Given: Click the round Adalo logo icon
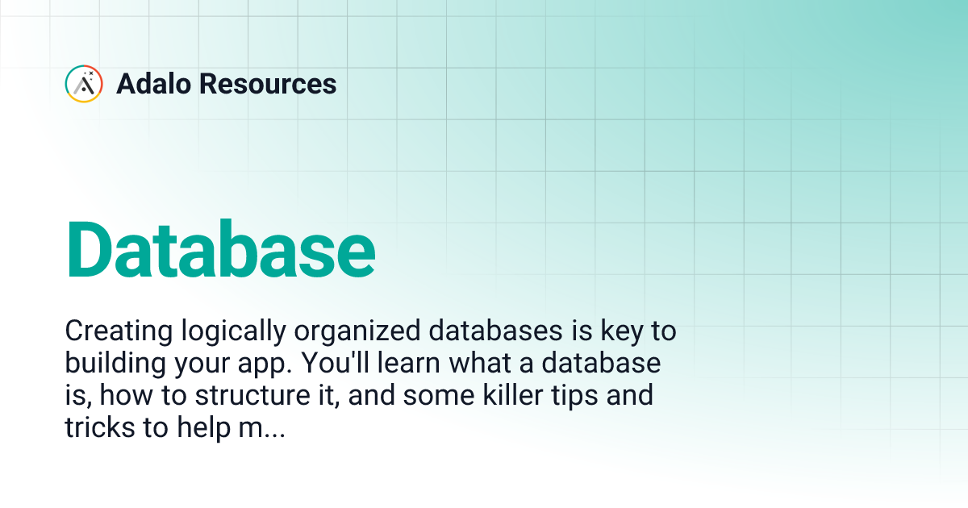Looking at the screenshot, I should pos(83,84).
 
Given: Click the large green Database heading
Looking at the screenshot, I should pos(220,248).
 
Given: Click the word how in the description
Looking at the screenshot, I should pos(126,397).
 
